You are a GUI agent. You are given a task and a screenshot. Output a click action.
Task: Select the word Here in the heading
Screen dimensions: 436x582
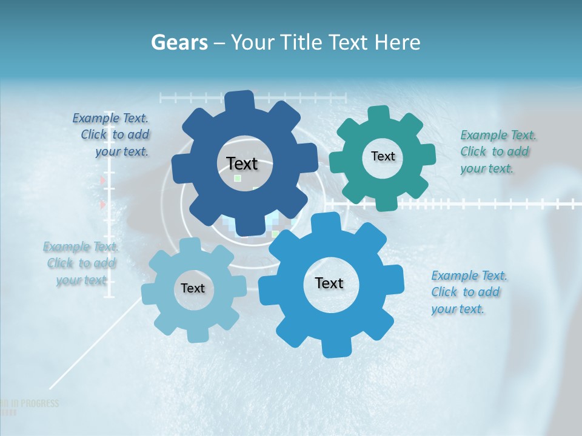tap(398, 42)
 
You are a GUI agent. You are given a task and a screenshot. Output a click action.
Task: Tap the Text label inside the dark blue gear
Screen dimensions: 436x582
tap(242, 163)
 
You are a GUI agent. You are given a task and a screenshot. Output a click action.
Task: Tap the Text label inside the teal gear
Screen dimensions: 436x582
tap(383, 156)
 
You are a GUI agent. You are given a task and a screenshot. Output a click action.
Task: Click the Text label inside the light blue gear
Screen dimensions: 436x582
tap(193, 288)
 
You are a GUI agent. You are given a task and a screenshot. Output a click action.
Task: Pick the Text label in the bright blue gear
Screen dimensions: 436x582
tap(329, 283)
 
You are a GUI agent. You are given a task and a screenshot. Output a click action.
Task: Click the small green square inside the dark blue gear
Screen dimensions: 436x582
tap(238, 179)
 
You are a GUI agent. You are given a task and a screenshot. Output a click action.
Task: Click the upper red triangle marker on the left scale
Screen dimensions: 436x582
tap(103, 180)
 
